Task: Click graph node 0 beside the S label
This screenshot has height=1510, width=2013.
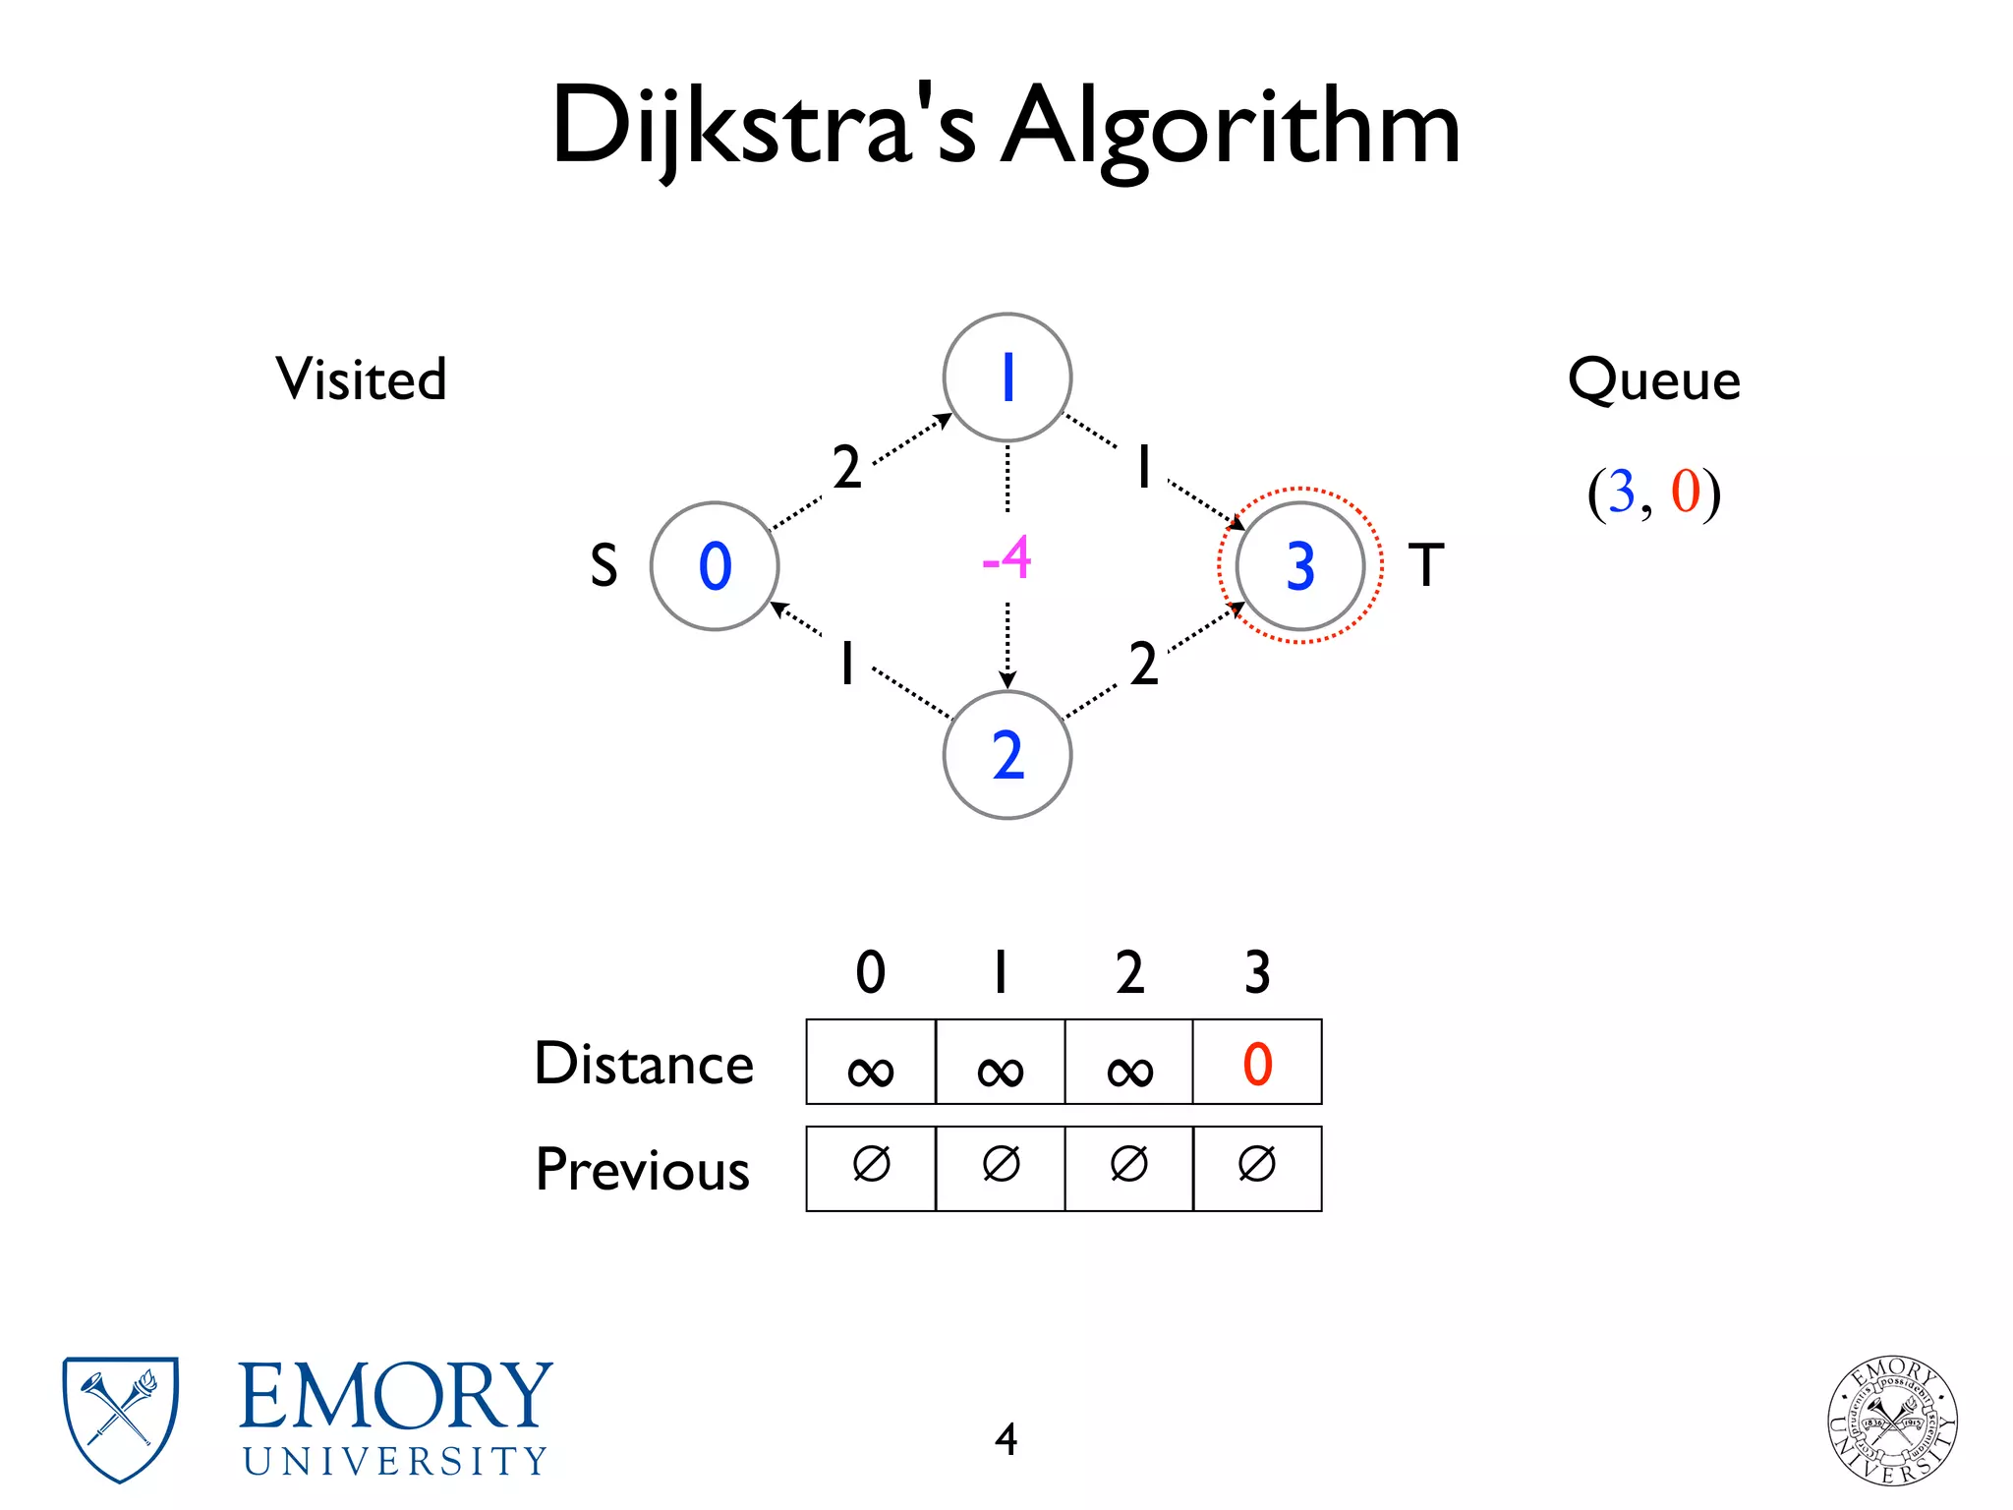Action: (715, 566)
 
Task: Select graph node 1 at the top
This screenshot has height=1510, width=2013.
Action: (1006, 377)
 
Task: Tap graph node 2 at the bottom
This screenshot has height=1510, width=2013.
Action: (1006, 755)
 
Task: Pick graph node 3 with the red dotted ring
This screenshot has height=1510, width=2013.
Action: (1299, 566)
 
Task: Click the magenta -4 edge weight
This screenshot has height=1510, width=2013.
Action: (1006, 558)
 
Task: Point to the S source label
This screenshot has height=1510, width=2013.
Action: (604, 566)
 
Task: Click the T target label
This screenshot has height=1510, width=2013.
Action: (1426, 566)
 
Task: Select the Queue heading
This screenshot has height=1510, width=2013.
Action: (1653, 379)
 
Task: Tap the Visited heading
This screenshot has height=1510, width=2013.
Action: (361, 379)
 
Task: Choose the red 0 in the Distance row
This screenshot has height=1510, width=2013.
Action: (1257, 1064)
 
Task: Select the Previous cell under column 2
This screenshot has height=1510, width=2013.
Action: (1128, 1168)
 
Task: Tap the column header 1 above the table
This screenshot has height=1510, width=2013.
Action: (1000, 972)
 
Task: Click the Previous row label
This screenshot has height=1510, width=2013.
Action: (643, 1170)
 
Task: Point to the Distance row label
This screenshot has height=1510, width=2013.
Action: (644, 1064)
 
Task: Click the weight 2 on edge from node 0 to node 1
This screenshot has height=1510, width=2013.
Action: (846, 467)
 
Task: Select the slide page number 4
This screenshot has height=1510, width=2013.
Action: (1006, 1439)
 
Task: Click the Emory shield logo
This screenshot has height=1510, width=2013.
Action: (120, 1419)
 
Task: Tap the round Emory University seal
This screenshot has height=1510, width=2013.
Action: (1892, 1420)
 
